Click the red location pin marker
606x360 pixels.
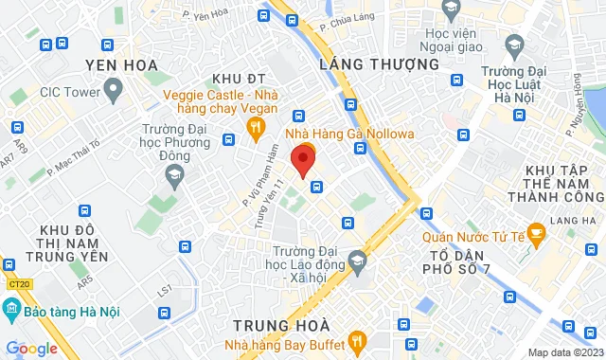302,160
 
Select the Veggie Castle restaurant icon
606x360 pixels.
254,127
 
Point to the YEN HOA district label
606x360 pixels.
119,64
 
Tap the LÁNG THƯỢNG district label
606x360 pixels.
380,64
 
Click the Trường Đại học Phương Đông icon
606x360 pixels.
173,173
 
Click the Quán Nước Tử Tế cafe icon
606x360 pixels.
535,231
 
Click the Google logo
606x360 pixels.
31,348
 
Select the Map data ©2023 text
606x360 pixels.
563,352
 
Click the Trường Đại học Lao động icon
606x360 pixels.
357,260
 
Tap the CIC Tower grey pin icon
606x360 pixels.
114,92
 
